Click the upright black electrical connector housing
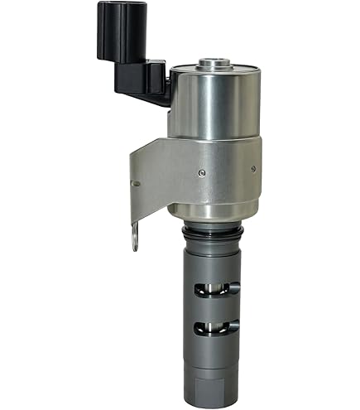(114, 31)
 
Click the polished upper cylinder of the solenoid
(214, 104)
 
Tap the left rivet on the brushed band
(202, 172)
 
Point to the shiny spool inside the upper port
(213, 288)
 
